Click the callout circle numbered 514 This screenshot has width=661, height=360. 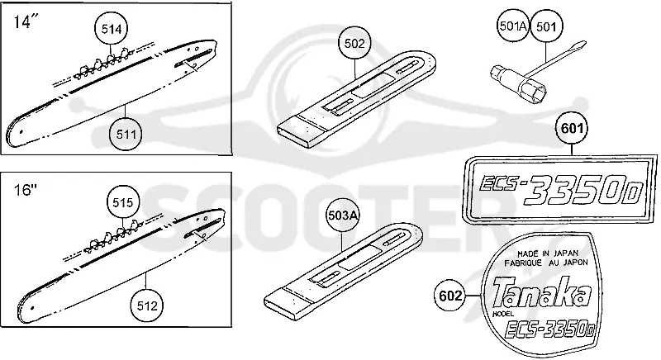[x=112, y=29]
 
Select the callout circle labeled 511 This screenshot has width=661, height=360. [x=126, y=135]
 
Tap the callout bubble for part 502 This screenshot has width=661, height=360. [x=354, y=44]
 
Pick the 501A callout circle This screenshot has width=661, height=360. [x=512, y=26]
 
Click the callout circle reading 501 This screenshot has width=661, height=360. [x=546, y=26]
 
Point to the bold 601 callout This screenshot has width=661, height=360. [x=572, y=128]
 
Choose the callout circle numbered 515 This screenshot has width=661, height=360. [x=122, y=202]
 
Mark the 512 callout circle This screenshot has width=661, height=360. [x=147, y=306]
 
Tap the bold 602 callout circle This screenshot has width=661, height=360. [x=450, y=296]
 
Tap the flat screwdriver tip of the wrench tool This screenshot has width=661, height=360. [x=580, y=45]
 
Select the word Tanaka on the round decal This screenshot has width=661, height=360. [x=542, y=291]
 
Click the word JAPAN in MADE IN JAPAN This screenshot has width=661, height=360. [x=565, y=253]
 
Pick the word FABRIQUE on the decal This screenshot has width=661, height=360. [x=523, y=263]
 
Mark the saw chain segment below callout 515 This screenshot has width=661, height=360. [x=113, y=237]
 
